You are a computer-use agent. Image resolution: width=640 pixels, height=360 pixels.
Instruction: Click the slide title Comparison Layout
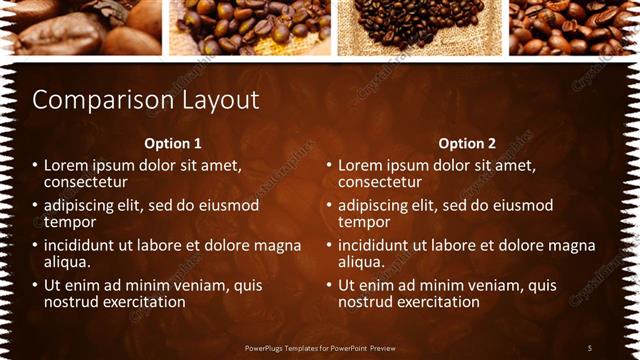[146, 100]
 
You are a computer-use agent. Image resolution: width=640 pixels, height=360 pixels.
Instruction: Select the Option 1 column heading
[172, 143]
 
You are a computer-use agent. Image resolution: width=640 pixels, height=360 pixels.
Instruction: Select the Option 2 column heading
[466, 143]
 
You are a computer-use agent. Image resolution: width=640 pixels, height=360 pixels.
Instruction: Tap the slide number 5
[589, 347]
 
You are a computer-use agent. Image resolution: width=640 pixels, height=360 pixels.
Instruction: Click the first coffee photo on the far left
[80, 26]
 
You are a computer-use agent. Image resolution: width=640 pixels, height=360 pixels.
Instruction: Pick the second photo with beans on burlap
[249, 26]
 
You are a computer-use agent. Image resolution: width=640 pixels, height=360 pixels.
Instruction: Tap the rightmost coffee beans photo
[574, 26]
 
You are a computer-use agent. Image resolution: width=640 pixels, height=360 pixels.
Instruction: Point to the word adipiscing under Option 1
[83, 205]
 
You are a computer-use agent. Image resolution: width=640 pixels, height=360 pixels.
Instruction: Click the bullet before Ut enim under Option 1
[35, 285]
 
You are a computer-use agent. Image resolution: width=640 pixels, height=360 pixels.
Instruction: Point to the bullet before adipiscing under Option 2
[329, 205]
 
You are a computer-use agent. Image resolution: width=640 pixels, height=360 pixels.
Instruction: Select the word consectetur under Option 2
[379, 181]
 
